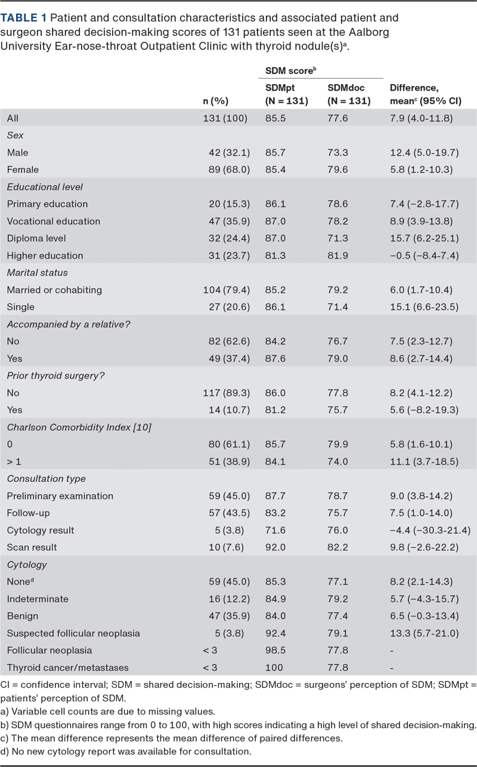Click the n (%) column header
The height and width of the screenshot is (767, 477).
[x=216, y=101]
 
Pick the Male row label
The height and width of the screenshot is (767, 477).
[x=17, y=153]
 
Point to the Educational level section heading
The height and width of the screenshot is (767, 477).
[x=45, y=187]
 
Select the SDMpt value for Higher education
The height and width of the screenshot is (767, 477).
[x=275, y=255]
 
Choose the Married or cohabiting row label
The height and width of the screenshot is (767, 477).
[x=54, y=290]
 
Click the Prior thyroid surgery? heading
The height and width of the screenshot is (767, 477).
[x=51, y=376]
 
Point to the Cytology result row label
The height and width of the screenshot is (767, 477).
[x=41, y=530]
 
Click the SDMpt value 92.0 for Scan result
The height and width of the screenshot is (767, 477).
[x=275, y=547]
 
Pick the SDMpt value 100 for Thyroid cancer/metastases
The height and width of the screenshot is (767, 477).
[x=274, y=667]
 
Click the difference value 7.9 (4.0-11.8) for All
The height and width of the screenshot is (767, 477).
[x=421, y=118]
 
